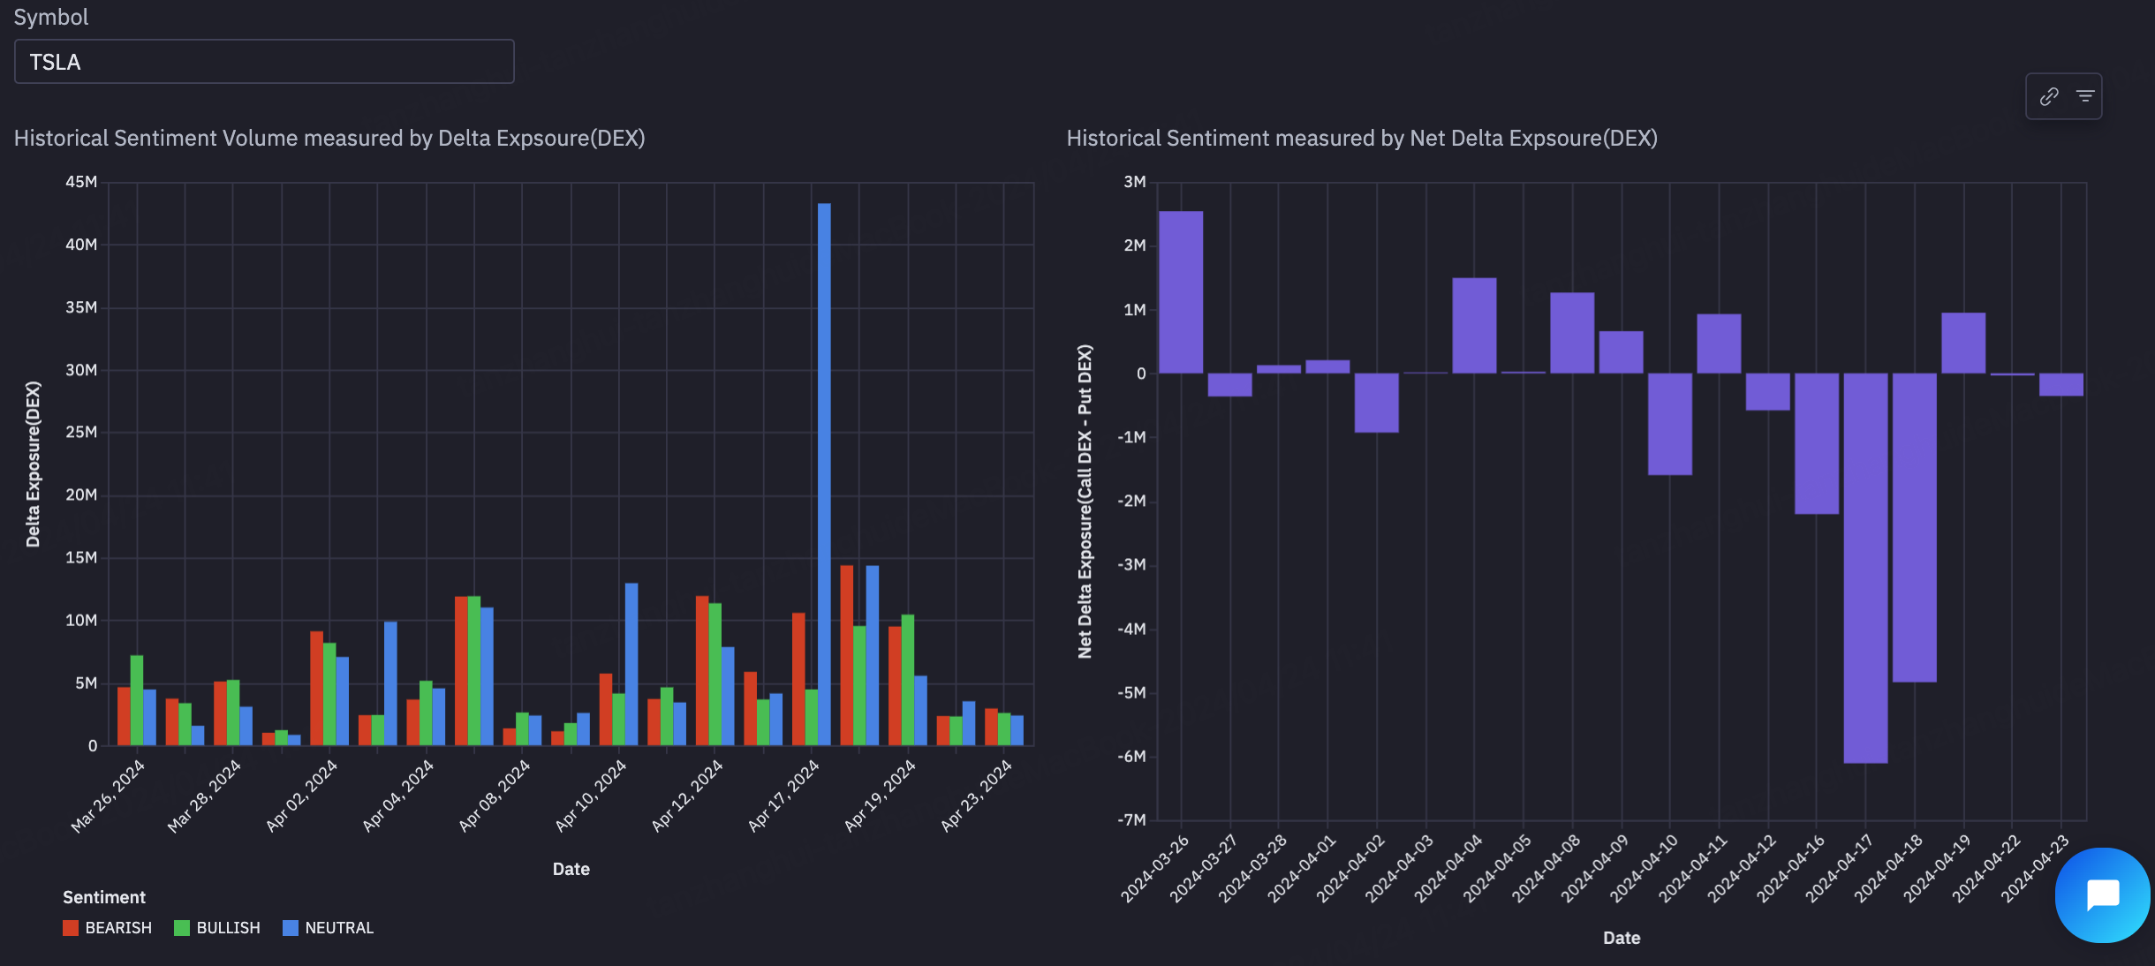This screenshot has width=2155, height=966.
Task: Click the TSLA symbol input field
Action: tap(263, 62)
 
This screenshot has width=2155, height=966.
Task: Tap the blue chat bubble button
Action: tap(2102, 895)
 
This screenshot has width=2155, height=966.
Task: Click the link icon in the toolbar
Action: tap(2049, 96)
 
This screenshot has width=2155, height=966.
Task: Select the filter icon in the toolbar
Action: tap(2085, 96)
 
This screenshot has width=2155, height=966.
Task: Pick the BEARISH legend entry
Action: tap(108, 928)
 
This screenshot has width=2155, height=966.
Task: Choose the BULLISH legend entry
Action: tap(218, 928)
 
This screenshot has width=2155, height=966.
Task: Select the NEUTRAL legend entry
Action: tap(329, 928)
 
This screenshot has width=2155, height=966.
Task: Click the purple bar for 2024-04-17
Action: tap(1865, 567)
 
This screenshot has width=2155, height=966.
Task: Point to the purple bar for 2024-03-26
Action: tap(1181, 292)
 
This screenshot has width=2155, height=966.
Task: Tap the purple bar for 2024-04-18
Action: tap(1914, 527)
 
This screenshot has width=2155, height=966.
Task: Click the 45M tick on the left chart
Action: tap(81, 182)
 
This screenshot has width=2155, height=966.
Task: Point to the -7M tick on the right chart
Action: tap(1131, 820)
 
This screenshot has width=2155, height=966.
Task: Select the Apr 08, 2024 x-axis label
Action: tap(495, 796)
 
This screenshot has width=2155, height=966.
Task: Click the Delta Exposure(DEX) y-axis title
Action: tap(34, 464)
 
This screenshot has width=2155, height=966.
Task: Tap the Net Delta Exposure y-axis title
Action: tap(1085, 501)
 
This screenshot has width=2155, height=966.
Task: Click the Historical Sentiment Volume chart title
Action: tap(329, 139)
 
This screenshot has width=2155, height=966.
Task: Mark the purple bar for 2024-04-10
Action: tap(1669, 424)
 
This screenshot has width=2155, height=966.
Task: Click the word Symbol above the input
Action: tap(51, 18)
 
